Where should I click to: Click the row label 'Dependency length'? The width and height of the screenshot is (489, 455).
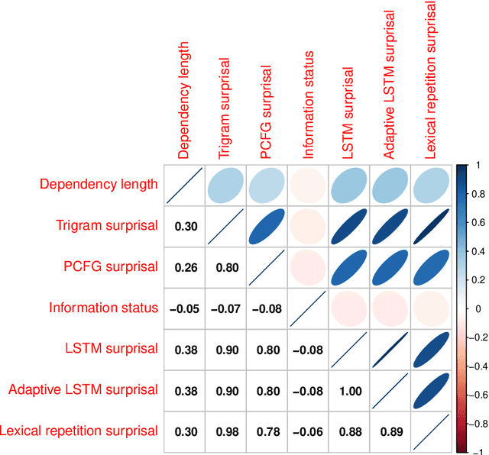pos(99,184)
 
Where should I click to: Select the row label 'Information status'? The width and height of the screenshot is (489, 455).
pos(104,308)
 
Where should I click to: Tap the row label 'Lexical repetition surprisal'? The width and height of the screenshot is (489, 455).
pos(79,431)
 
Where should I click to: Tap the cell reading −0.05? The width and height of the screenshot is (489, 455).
pos(183,308)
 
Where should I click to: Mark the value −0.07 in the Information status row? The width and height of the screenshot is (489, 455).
pos(224,308)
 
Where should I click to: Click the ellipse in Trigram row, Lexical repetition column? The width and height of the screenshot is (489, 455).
pos(431,226)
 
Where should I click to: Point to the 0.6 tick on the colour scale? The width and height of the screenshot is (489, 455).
pos(475,222)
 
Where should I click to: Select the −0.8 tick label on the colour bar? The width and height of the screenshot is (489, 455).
pos(478,422)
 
